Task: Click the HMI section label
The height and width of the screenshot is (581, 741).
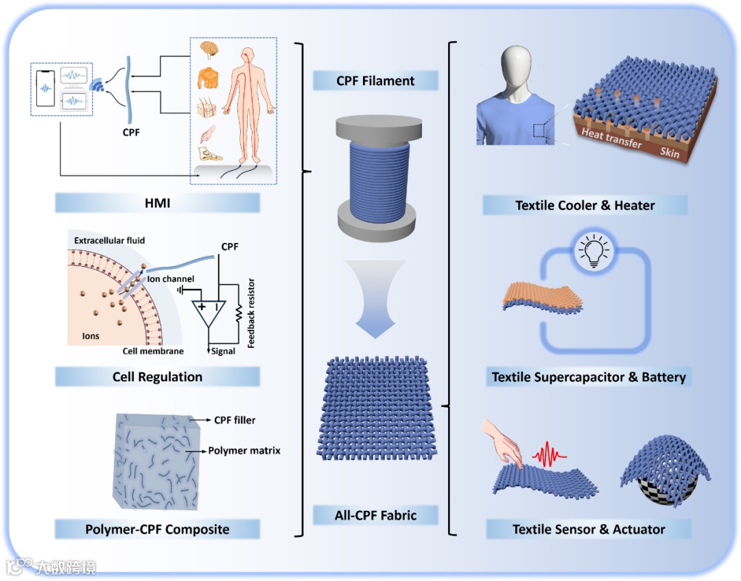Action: (157, 202)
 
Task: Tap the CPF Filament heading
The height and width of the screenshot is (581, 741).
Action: (375, 81)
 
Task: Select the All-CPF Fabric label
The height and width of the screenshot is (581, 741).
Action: (375, 514)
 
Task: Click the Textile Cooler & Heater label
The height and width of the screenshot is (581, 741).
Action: (585, 205)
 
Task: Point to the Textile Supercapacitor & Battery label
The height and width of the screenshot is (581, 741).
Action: (588, 377)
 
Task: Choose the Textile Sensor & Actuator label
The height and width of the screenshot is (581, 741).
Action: (588, 529)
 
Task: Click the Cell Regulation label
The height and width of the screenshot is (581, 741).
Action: (157, 377)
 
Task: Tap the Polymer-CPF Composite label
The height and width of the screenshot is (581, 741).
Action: (157, 529)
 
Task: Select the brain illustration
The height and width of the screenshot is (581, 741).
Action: (210, 49)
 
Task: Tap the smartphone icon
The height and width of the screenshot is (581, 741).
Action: (45, 88)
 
